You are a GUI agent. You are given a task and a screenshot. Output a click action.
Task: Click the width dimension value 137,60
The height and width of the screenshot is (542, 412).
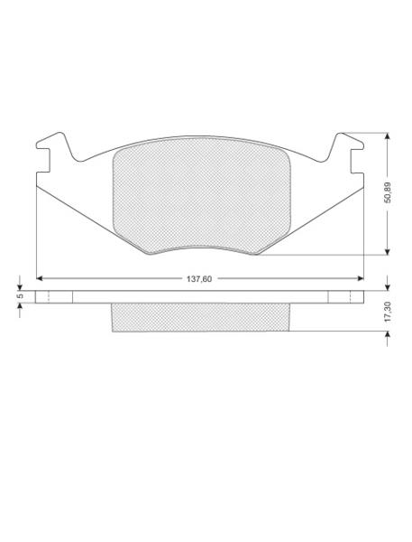point(199,278)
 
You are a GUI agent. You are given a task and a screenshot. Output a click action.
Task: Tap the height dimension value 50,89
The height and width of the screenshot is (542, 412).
point(388,192)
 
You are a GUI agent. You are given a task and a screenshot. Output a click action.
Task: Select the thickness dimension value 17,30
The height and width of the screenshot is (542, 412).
point(388,312)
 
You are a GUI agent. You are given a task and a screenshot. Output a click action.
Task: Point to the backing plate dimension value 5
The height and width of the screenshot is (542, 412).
point(20,296)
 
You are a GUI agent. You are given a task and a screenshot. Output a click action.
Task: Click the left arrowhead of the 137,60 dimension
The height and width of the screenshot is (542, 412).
point(40,278)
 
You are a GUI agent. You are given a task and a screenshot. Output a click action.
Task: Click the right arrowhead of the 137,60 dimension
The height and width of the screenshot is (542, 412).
point(361,278)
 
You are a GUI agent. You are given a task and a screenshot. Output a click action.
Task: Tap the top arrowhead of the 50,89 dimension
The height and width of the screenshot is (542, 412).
point(388,135)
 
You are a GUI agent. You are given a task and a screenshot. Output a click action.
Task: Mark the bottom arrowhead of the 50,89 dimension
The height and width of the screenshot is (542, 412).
point(388,252)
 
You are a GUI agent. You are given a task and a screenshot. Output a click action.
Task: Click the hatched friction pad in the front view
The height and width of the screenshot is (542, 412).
point(202,195)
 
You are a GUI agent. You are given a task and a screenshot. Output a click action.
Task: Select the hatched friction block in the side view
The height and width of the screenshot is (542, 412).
point(200,317)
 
